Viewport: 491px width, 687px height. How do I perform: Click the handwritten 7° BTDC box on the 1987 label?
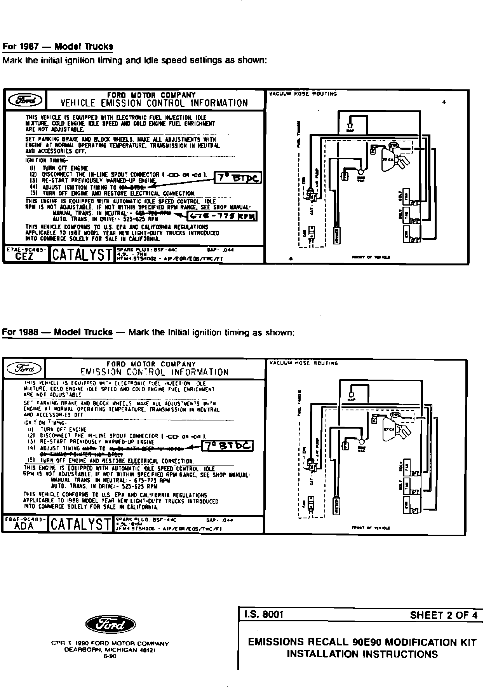(x=238, y=178)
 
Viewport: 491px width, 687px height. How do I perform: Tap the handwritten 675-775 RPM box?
(x=222, y=216)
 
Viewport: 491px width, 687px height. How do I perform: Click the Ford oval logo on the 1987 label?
(x=24, y=100)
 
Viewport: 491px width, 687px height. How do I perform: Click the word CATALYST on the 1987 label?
(x=82, y=255)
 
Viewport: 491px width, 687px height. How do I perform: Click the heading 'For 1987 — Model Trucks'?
(x=58, y=47)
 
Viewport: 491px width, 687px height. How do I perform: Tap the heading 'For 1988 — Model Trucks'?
(x=57, y=333)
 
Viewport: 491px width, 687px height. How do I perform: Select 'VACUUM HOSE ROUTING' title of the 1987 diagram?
(x=303, y=94)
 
